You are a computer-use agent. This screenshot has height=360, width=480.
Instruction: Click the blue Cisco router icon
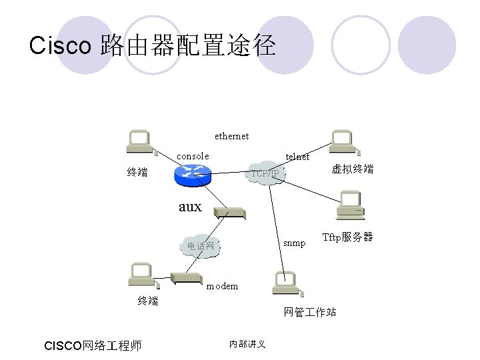[191, 175]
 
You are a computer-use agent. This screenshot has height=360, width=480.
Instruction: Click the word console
[193, 156]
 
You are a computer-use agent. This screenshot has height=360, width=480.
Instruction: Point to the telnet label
[297, 157]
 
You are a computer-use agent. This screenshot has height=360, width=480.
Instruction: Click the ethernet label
[231, 136]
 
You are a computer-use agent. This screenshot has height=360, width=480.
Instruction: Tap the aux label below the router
[190, 207]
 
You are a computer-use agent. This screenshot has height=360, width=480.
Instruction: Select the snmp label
[294, 243]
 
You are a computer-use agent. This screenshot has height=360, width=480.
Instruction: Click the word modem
[222, 286]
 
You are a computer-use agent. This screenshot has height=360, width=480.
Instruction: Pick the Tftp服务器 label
[347, 237]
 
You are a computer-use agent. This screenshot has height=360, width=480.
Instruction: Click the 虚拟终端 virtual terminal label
[353, 169]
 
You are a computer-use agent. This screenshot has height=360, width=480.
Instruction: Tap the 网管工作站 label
[310, 311]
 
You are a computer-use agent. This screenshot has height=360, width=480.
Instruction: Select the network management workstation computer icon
[286, 283]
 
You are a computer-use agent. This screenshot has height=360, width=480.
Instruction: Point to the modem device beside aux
[231, 213]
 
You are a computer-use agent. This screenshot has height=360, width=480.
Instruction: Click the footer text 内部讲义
[247, 344]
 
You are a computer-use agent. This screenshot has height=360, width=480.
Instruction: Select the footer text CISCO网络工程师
[92, 345]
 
